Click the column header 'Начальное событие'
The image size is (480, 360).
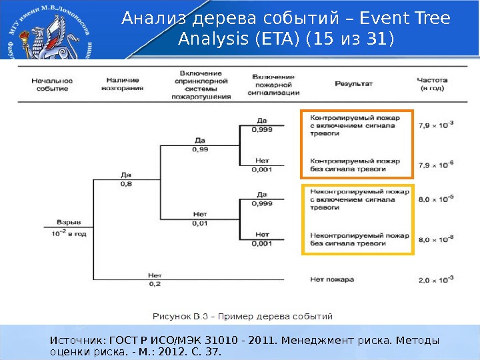[52, 84]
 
